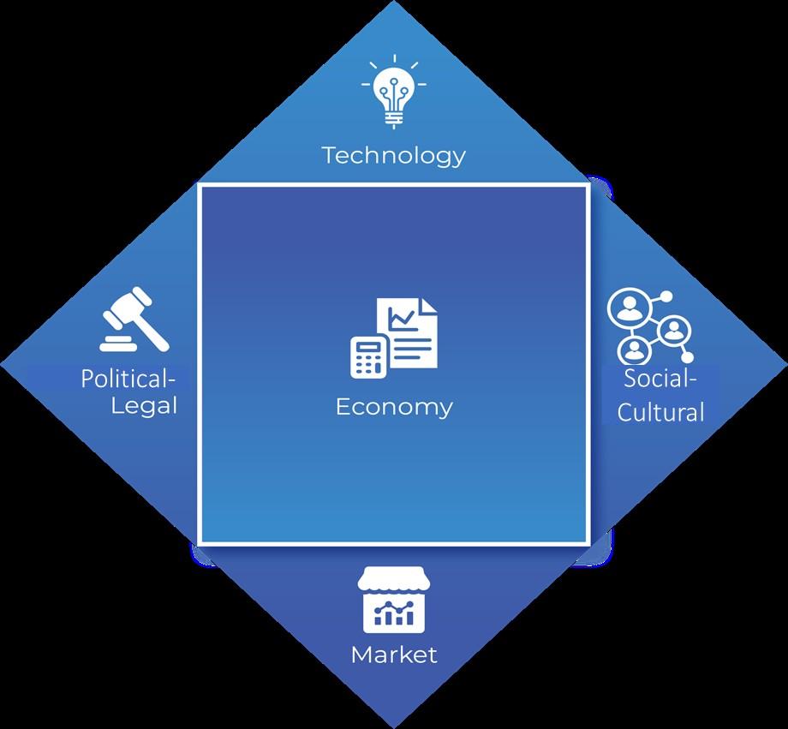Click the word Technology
pyautogui.click(x=394, y=155)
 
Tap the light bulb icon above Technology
pyautogui.click(x=393, y=91)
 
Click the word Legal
pyautogui.click(x=144, y=404)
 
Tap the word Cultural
pyautogui.click(x=661, y=411)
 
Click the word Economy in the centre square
pyautogui.click(x=394, y=406)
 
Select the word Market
pyautogui.click(x=394, y=655)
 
